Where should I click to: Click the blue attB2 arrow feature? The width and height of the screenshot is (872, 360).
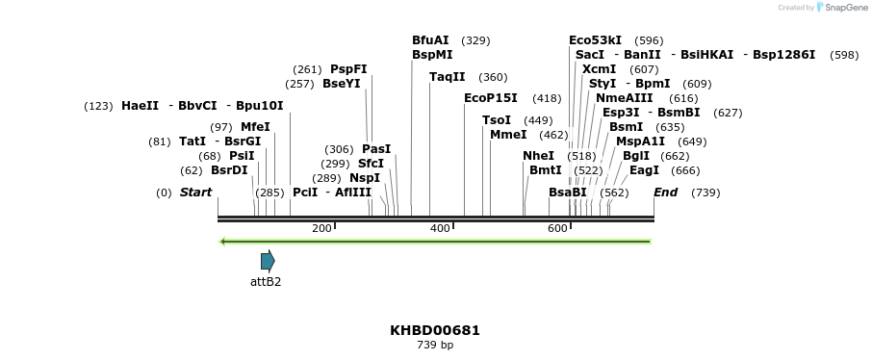click(x=268, y=260)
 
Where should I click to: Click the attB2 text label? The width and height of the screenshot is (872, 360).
click(x=266, y=282)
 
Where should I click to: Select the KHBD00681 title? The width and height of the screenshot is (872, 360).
click(x=435, y=330)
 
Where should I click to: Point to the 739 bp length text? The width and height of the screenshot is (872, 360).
click(x=435, y=345)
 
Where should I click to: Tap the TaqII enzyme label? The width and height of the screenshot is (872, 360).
click(x=448, y=77)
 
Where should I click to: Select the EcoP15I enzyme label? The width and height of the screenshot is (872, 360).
click(x=491, y=98)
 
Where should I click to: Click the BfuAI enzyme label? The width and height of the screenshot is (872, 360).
click(x=430, y=40)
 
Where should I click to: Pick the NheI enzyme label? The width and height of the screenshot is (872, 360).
click(x=539, y=156)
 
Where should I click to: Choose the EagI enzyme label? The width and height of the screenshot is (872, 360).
click(x=645, y=170)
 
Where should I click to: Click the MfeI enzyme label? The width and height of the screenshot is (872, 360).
click(x=255, y=127)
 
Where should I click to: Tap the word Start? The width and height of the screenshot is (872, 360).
click(x=195, y=193)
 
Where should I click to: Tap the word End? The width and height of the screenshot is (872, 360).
click(x=665, y=193)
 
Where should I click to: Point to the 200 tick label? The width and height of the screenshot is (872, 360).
click(x=321, y=228)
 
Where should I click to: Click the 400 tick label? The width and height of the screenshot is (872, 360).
click(x=440, y=228)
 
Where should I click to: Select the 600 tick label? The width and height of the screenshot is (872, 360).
click(x=557, y=228)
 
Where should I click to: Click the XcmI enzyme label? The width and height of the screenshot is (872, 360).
click(x=600, y=69)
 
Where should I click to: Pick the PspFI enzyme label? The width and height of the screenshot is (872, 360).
click(x=348, y=69)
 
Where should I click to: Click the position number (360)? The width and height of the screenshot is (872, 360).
click(x=493, y=77)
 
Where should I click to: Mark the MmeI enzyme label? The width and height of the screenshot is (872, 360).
click(x=508, y=135)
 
